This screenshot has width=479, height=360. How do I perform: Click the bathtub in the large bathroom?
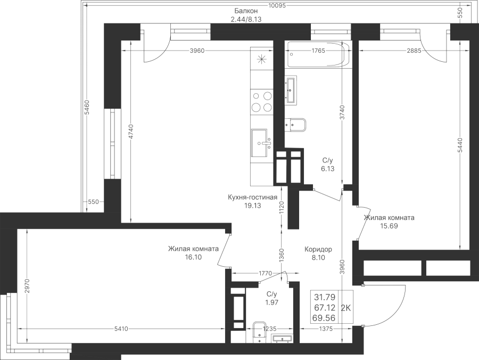tap(318, 54)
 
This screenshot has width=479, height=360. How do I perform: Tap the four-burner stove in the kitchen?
tap(261, 102)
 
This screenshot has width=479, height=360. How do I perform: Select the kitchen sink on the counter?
tap(261, 143)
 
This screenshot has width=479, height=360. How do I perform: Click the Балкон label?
tap(245, 11)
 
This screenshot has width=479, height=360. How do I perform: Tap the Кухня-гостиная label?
tap(253, 197)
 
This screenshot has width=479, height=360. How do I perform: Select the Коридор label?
tap(318, 249)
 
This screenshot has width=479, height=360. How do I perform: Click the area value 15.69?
tap(389, 226)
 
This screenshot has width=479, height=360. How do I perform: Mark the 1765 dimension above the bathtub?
tap(318, 51)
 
